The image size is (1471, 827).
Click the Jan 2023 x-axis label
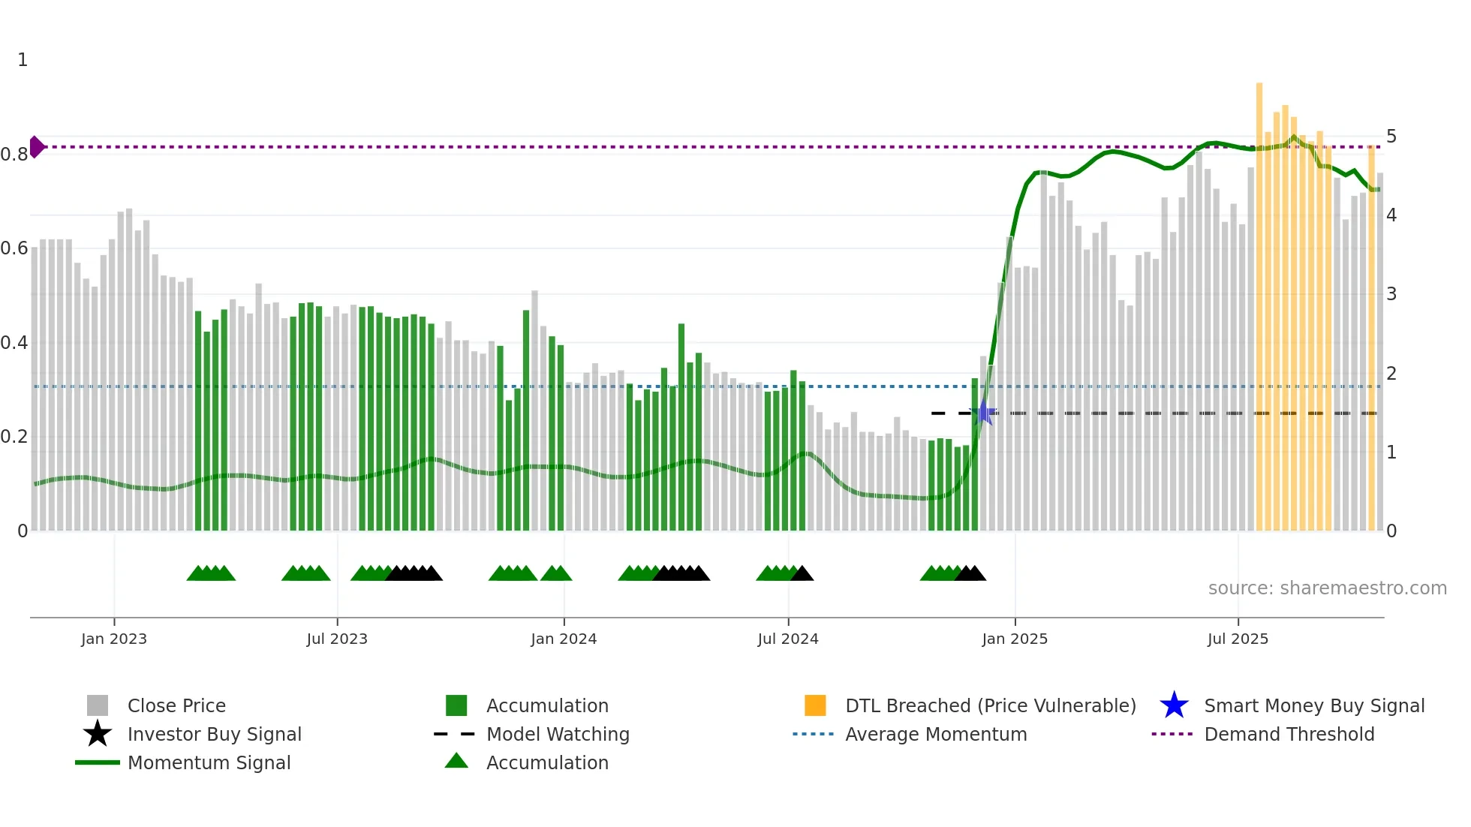(x=114, y=639)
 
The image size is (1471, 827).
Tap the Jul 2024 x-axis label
(x=787, y=639)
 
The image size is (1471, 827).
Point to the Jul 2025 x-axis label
(x=1237, y=639)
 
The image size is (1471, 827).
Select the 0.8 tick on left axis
(x=14, y=155)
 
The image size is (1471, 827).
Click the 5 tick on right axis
(x=1391, y=137)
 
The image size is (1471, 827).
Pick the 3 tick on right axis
(x=1391, y=294)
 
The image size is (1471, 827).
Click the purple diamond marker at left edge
(x=36, y=147)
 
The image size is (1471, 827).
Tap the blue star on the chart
(x=983, y=413)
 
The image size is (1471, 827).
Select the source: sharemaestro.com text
(x=1327, y=588)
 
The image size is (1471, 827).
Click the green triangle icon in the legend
(x=456, y=761)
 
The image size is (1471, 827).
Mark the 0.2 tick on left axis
(x=14, y=437)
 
